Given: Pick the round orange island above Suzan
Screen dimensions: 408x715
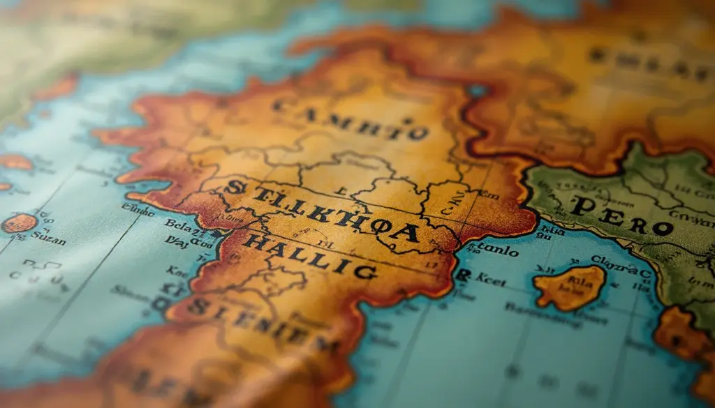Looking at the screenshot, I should (19, 223).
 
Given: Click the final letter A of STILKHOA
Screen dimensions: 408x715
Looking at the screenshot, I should (406, 232).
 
